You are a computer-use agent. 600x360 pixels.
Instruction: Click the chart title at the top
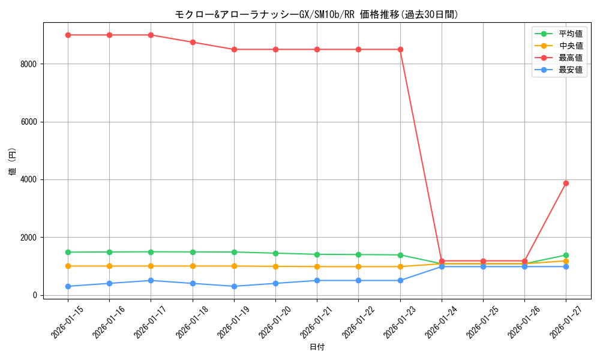pyautogui.click(x=316, y=15)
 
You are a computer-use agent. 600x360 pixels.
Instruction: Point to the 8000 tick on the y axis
pyautogui.click(x=29, y=64)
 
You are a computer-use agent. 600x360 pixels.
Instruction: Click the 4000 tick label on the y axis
pyautogui.click(x=29, y=179)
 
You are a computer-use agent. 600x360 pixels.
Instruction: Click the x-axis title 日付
pyautogui.click(x=317, y=347)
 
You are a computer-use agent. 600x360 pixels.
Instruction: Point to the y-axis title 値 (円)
pyautogui.click(x=13, y=161)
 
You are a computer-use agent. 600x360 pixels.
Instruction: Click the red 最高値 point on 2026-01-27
pyautogui.click(x=566, y=183)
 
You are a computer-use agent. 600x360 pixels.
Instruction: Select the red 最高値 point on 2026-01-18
pyautogui.click(x=193, y=42)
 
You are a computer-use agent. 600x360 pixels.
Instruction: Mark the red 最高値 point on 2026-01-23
pyautogui.click(x=400, y=49)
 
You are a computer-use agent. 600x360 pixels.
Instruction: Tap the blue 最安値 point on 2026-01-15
pyautogui.click(x=68, y=286)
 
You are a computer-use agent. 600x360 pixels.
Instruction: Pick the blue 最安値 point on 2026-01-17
pyautogui.click(x=151, y=280)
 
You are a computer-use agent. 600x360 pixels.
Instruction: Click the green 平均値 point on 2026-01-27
pyautogui.click(x=566, y=255)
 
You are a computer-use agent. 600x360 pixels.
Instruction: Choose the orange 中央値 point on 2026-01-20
pyautogui.click(x=275, y=266)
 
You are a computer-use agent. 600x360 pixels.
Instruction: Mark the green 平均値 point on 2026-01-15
pyautogui.click(x=68, y=252)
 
